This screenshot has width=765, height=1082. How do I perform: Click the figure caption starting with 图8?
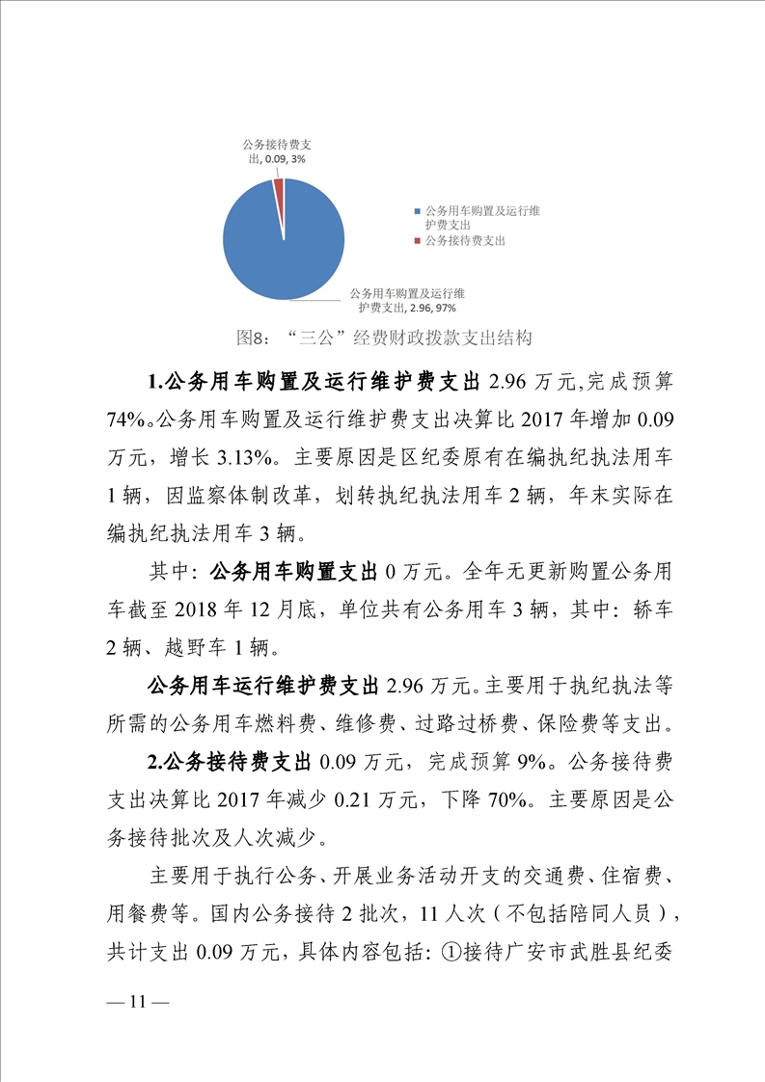click(x=384, y=338)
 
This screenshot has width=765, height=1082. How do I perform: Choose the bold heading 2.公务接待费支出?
click(x=229, y=758)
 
